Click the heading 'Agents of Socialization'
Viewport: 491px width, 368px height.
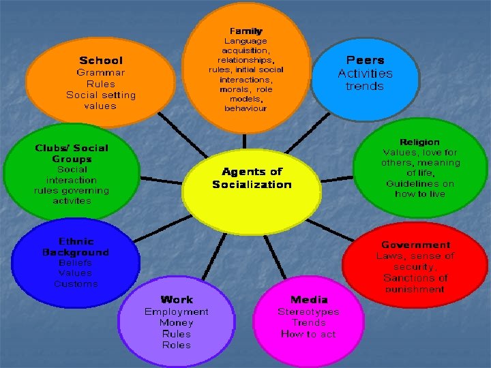click(x=252, y=179)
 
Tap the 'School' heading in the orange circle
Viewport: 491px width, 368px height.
click(x=101, y=61)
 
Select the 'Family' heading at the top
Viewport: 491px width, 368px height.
click(x=245, y=31)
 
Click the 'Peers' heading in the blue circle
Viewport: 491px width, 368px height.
click(x=365, y=60)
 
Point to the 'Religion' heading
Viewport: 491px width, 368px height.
click(x=419, y=142)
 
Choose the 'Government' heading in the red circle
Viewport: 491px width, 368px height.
click(x=415, y=245)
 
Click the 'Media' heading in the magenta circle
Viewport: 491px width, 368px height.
click(x=308, y=299)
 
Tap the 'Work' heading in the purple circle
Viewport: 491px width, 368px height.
click(x=177, y=299)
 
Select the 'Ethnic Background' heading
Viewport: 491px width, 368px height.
click(x=75, y=247)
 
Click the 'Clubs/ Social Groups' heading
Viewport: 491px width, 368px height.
click(x=72, y=153)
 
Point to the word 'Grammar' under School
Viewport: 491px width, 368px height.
click(x=100, y=72)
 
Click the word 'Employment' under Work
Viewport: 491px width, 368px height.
click(x=177, y=311)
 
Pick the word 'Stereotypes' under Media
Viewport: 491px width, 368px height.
click(x=308, y=311)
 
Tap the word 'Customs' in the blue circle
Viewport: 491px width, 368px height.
click(x=76, y=283)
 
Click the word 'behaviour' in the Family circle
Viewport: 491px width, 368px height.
click(x=245, y=108)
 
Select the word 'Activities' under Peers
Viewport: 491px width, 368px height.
click(x=365, y=73)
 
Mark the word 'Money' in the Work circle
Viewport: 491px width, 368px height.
click(x=177, y=322)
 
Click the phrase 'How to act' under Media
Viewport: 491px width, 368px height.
click(x=308, y=334)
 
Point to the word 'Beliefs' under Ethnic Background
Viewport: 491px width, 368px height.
click(x=75, y=262)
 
